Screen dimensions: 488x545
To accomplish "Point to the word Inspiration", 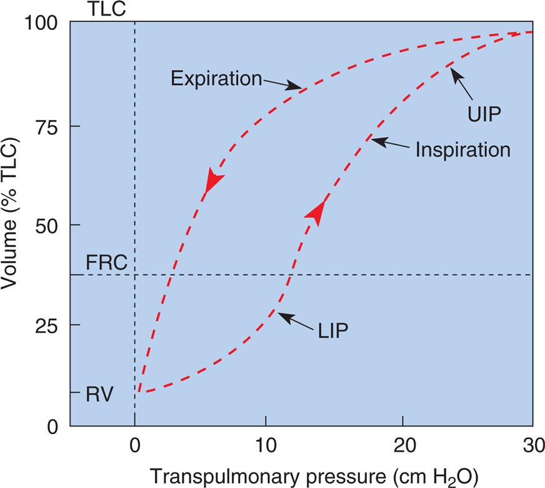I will (462, 150).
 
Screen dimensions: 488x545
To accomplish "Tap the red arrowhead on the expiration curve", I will (213, 181).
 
